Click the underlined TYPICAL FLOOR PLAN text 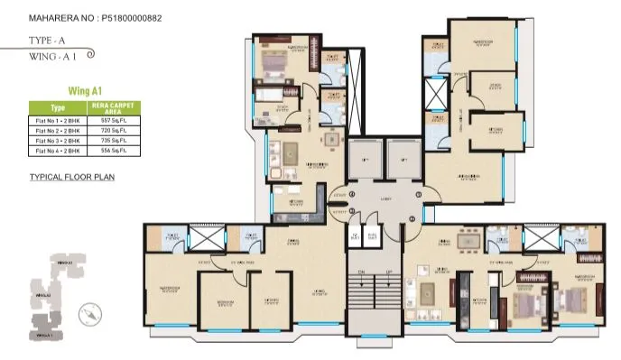coord(71,177)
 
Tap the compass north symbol coord(88,314)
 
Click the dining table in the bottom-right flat coord(467,243)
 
